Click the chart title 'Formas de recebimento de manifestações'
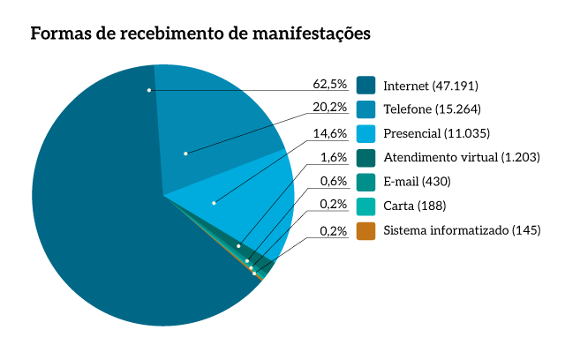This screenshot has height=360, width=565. [200, 34]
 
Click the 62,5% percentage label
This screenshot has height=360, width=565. [329, 85]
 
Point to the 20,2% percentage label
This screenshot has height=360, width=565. [329, 109]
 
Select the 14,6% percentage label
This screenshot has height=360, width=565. [329, 133]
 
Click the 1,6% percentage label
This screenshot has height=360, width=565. [333, 158]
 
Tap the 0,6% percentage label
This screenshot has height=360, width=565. [333, 182]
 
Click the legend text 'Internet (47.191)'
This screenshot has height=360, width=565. [431, 86]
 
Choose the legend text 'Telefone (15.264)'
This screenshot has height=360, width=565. [432, 109]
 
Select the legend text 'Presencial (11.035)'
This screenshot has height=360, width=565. [436, 134]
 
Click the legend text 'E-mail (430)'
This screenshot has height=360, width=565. [418, 182]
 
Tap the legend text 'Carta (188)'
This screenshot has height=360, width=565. [414, 206]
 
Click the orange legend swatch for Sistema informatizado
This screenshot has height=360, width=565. [367, 230]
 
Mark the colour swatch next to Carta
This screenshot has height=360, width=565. [367, 206]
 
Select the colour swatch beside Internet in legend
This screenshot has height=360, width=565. [367, 86]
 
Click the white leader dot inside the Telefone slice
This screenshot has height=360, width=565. [185, 154]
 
